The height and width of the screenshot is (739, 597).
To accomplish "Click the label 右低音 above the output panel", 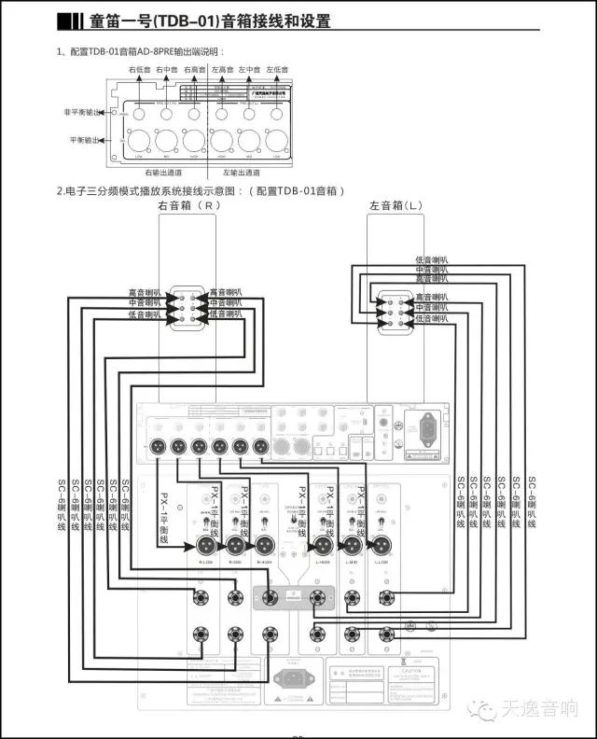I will pos(139,70).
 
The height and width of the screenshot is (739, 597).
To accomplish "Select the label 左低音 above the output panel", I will pos(277,70).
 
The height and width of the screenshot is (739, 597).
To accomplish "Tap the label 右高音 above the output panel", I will pos(194,70).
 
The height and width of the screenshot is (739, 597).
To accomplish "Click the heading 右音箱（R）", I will pos(189,204).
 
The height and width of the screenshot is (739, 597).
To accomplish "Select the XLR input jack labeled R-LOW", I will pos(206,546).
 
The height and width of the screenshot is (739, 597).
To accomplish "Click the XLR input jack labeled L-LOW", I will pos(382,546).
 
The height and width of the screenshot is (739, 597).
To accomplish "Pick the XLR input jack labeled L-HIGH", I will pos(323,546).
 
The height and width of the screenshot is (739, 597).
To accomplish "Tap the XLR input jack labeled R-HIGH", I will pos(267,546).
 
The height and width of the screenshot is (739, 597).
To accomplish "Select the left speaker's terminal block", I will pos(393,307).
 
